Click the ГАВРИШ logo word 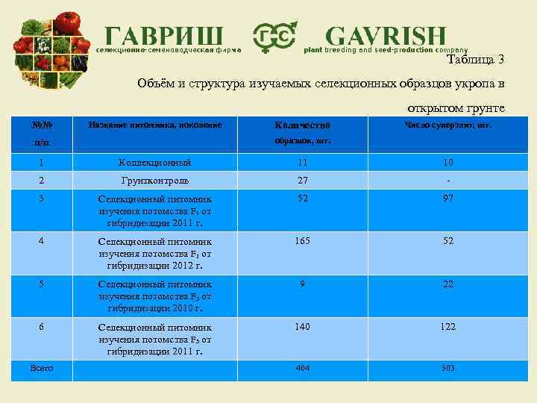[163, 36]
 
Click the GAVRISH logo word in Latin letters [386, 36]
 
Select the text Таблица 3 [477, 60]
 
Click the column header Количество [302, 125]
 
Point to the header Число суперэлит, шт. [448, 125]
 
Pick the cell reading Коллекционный [155, 162]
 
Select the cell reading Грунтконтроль [155, 180]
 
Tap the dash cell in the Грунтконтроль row [448, 180]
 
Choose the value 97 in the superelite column [448, 199]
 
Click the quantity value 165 [303, 241]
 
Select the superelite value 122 [448, 326]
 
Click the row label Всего [42, 368]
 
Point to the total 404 [303, 368]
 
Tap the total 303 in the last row [448, 368]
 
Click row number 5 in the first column [42, 284]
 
